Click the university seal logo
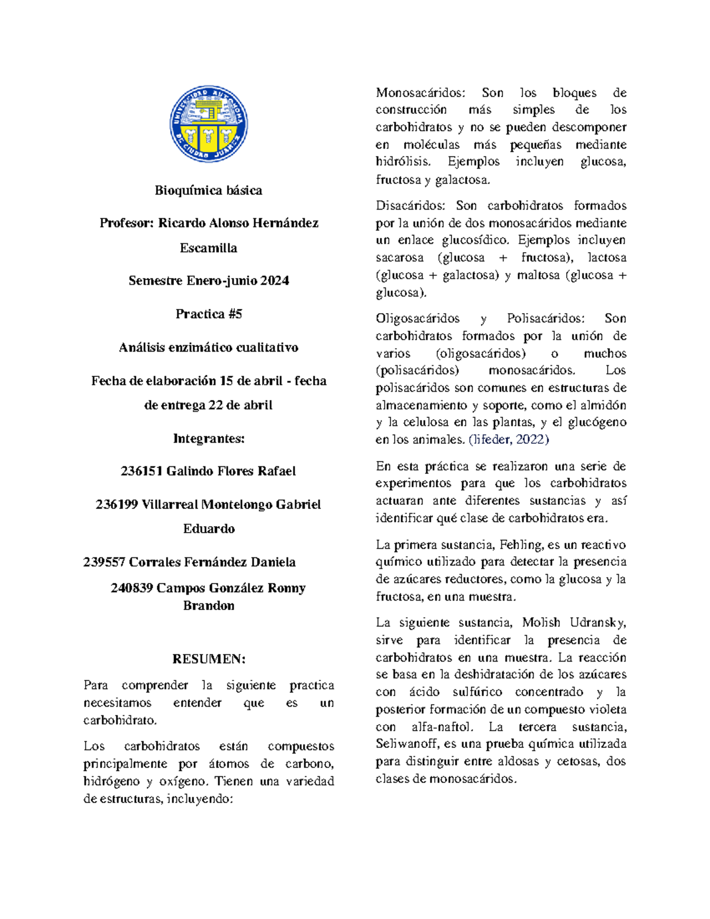point(208,124)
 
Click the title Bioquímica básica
point(208,191)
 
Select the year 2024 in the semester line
point(275,281)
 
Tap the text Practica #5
point(208,314)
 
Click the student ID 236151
point(141,472)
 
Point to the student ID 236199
point(117,505)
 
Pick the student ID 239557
point(104,562)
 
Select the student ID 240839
point(131,588)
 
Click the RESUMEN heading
point(208,659)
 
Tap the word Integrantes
point(208,438)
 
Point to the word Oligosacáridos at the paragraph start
point(417,318)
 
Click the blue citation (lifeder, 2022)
point(508,440)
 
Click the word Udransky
point(597,623)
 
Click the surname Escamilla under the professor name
point(208,249)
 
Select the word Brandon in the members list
point(208,606)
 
